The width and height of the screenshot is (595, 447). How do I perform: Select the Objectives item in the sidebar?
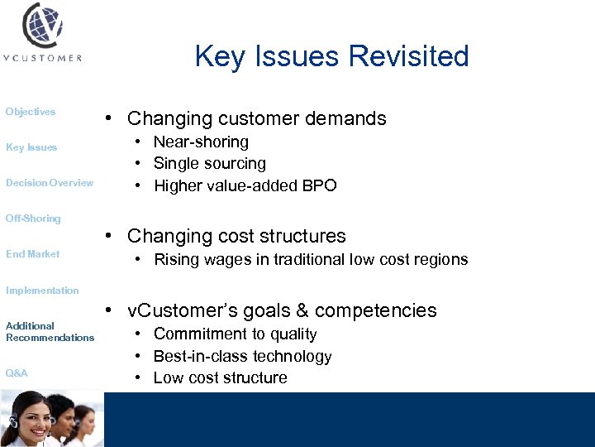tap(31, 112)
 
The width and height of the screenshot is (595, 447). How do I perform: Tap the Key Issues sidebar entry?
tap(31, 147)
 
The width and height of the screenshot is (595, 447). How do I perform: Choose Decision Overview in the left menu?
tap(50, 183)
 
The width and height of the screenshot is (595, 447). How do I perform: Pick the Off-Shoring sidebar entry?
tap(33, 219)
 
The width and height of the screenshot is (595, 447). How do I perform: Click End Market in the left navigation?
tap(33, 254)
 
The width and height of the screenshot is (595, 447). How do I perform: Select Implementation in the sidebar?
tap(42, 291)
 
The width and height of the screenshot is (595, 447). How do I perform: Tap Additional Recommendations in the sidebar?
tap(50, 332)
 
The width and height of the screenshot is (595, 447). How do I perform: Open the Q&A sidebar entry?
tap(17, 373)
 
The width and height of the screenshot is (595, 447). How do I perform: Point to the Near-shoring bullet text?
tap(201, 142)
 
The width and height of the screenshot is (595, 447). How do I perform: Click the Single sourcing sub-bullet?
tap(210, 164)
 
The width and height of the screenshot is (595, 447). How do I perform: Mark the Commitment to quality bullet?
tap(236, 334)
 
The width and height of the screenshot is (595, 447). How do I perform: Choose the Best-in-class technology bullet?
tap(243, 356)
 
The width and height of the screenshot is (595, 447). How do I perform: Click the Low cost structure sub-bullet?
tap(221, 377)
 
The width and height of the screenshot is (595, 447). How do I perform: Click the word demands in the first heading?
tap(351, 118)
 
